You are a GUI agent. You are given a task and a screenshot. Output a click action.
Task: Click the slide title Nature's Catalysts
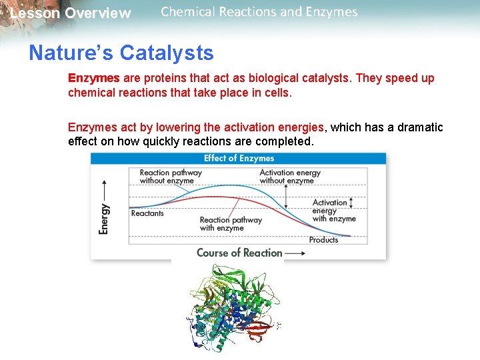pos(121,53)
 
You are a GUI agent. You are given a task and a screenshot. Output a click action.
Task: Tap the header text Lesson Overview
pos(70,13)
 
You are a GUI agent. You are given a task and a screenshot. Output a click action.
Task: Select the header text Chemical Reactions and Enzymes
pos(259,12)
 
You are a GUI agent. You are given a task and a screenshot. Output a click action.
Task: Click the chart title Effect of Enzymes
pos(239,159)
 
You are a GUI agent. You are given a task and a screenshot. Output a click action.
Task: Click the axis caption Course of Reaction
pos(239,253)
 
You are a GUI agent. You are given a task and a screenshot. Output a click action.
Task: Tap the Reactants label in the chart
pos(147,213)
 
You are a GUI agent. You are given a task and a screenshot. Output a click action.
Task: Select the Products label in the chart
pos(323,240)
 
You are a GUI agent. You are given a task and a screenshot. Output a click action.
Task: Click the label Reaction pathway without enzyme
pos(170,177)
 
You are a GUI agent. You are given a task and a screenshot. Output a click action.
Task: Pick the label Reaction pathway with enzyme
pos(230,224)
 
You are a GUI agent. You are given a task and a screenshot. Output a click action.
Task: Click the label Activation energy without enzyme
pos(290,177)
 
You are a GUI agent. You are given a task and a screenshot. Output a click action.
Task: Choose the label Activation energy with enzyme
pos(333,211)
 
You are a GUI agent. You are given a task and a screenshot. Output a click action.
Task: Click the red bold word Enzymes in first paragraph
pos(93,78)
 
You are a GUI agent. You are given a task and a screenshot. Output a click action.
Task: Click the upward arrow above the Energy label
pos(104,187)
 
